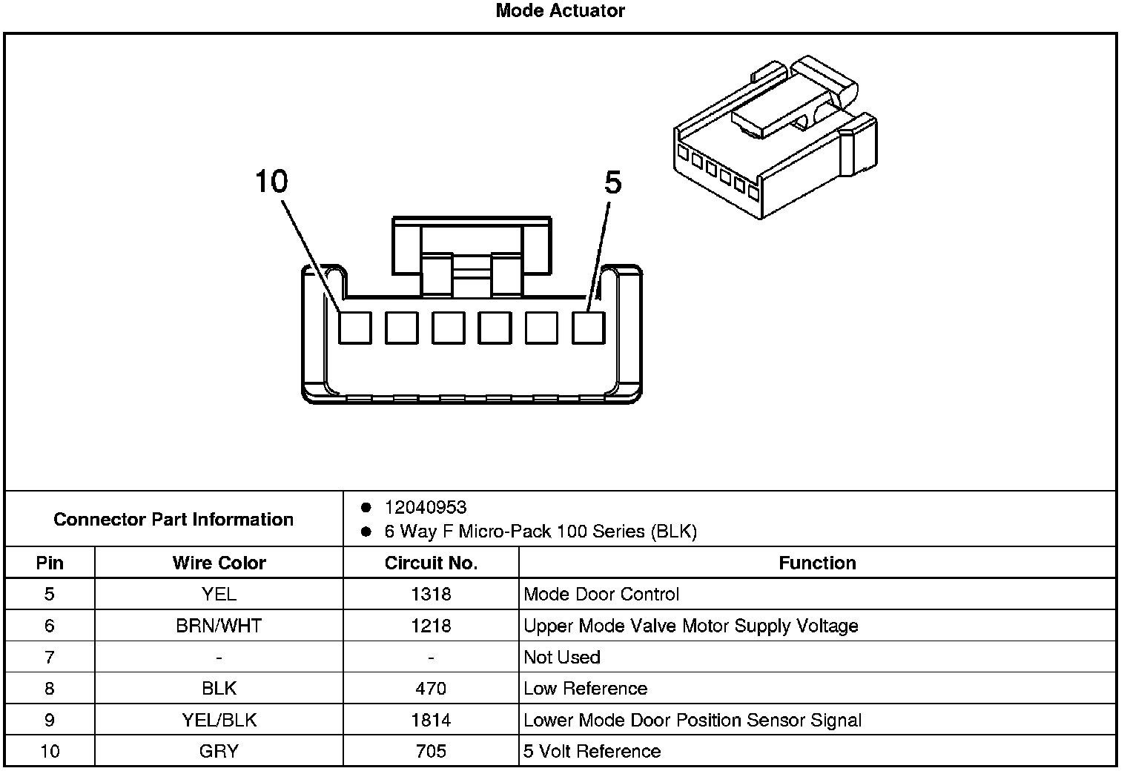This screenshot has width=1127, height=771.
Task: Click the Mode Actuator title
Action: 560,10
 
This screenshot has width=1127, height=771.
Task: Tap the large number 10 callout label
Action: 271,181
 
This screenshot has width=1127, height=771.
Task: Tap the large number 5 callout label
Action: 612,182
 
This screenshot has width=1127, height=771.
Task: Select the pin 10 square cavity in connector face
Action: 354,327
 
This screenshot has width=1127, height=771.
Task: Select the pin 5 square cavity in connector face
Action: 589,327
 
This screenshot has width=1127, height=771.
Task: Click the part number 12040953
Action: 425,507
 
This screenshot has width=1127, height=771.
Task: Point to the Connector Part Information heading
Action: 173,519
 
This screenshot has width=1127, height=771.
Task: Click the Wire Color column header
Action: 219,563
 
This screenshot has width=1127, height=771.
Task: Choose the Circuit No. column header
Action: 431,563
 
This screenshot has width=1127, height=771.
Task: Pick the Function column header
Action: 817,563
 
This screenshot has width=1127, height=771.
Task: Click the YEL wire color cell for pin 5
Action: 219,594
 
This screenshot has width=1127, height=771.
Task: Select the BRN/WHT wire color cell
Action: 219,626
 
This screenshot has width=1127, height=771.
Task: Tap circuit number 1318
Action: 431,594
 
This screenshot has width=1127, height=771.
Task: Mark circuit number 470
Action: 431,689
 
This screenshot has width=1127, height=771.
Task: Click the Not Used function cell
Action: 562,657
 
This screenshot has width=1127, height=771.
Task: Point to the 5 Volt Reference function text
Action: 592,751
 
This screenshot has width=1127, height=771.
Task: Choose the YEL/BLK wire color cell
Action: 219,720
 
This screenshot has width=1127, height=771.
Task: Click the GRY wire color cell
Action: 219,751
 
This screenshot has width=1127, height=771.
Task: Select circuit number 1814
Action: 431,720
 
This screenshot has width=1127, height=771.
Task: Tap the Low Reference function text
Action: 585,689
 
